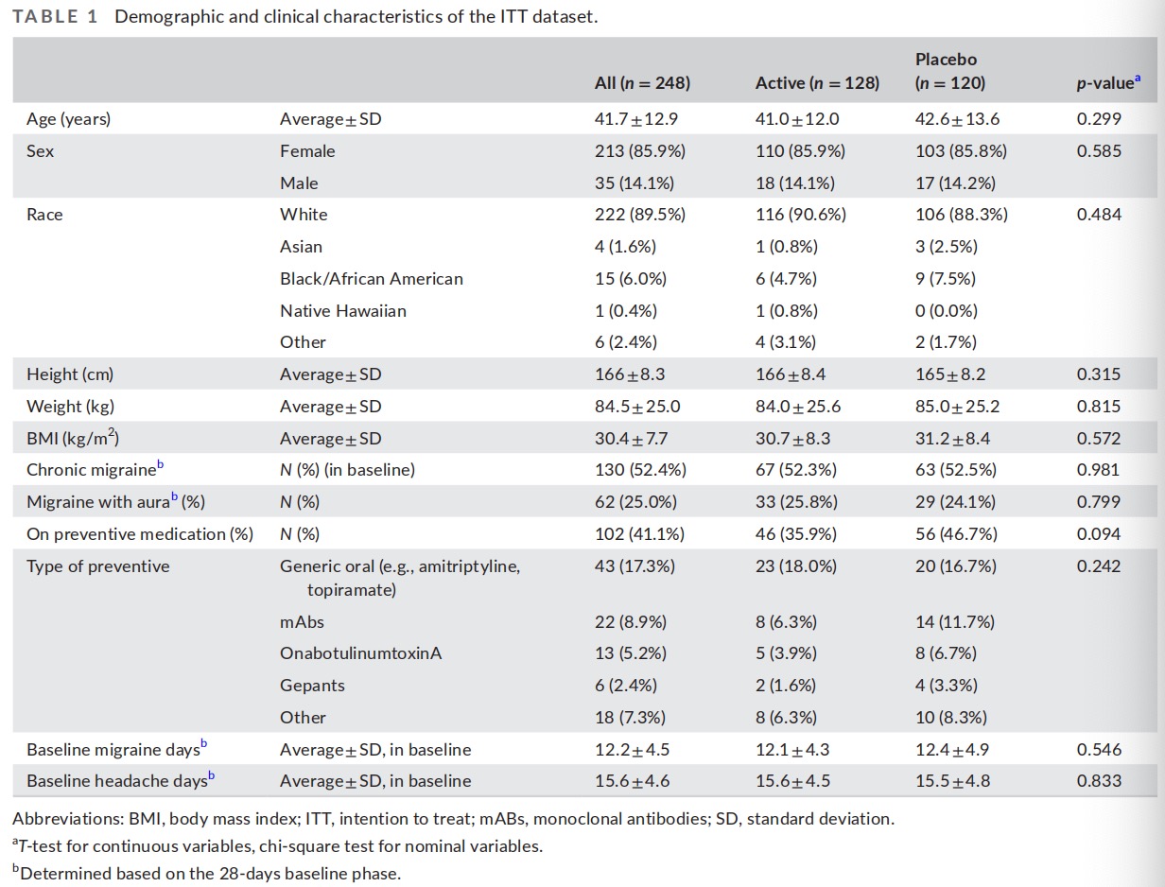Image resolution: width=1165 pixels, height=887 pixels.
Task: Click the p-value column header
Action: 1108,83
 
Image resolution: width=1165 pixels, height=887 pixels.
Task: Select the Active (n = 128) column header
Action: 817,83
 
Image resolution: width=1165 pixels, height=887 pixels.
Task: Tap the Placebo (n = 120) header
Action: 950,71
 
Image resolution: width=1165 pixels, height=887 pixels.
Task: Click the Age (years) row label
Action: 68,119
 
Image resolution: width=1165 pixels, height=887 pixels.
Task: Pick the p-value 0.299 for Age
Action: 1099,119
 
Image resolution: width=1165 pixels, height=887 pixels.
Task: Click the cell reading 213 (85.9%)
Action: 639,151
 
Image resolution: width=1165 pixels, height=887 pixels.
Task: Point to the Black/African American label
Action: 372,279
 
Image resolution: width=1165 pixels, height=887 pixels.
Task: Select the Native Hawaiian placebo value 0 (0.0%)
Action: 946,310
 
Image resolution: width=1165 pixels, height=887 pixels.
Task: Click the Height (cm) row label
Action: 70,374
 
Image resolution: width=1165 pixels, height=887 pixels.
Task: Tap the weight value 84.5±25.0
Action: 637,407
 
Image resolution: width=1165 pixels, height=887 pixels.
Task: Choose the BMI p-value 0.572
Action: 1099,438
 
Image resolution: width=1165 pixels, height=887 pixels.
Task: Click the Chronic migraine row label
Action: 95,469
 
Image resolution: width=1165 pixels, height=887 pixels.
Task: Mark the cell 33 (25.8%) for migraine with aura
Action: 796,502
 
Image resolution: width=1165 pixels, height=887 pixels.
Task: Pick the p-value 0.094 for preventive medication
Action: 1099,533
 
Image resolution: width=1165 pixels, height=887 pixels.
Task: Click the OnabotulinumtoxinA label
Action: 361,653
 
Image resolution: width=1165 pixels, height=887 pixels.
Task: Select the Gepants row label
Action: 312,686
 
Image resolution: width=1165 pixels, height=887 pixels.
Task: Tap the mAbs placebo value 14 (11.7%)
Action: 955,621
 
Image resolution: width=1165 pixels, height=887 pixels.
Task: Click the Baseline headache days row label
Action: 120,780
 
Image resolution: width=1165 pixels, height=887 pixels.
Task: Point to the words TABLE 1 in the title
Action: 55,16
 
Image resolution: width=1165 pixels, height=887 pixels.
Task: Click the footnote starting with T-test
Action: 278,845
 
